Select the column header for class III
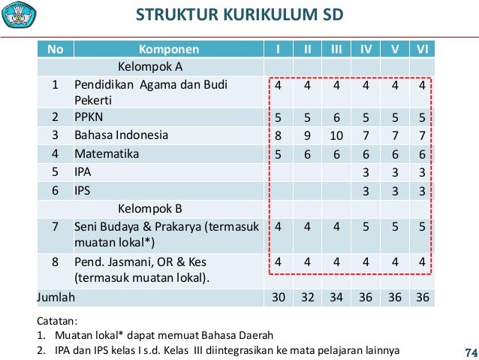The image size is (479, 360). [x=336, y=50]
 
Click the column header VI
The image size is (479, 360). [x=423, y=50]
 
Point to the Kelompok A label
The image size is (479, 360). [x=149, y=66]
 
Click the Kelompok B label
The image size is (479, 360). [x=149, y=208]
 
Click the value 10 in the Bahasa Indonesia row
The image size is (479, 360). [x=336, y=136]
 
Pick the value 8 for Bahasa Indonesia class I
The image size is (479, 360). [x=279, y=136]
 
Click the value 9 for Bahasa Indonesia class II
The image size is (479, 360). [x=307, y=136]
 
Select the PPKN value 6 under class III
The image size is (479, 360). [x=336, y=118]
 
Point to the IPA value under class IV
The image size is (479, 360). [x=366, y=172]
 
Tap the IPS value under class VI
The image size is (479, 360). [x=423, y=190]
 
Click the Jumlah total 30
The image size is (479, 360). [x=279, y=298]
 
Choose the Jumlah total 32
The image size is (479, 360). [x=307, y=298]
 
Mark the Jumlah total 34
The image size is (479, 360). [x=336, y=298]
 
